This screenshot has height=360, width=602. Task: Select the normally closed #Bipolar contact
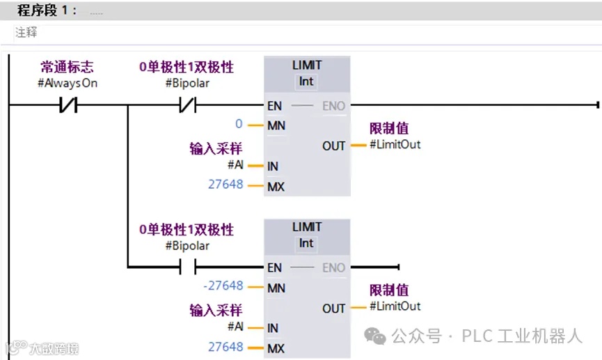(187, 105)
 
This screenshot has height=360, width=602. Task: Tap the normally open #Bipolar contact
(187, 267)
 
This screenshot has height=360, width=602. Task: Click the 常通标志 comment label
(67, 68)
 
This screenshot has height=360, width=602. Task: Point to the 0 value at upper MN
(239, 125)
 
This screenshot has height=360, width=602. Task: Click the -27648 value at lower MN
(223, 286)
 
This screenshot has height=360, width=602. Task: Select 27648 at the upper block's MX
(225, 185)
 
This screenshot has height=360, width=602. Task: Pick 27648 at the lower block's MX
(225, 347)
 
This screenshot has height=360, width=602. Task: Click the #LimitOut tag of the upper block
(395, 144)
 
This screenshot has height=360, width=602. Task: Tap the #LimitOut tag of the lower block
(395, 306)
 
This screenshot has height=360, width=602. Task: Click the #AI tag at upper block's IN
(235, 165)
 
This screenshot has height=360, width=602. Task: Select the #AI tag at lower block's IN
(235, 327)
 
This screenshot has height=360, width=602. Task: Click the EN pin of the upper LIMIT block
(274, 106)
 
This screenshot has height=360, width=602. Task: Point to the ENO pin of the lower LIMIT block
(333, 267)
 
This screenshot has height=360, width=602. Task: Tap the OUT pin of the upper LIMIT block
(333, 146)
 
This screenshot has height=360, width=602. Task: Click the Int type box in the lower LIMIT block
(306, 243)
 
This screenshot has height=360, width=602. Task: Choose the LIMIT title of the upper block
(306, 65)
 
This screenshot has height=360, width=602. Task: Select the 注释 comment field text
(26, 33)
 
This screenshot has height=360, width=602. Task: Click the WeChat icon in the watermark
(377, 337)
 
